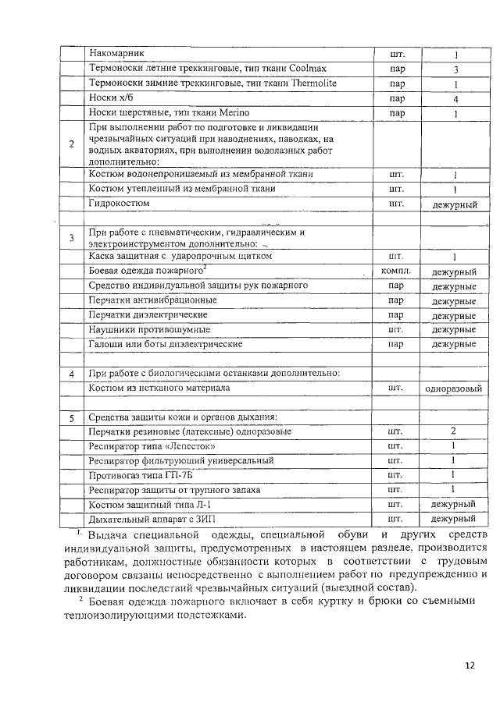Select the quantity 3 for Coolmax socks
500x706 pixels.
[x=455, y=69]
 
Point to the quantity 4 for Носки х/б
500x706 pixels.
[x=455, y=99]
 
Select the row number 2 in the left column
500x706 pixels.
[x=72, y=144]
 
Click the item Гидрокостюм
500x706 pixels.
[x=120, y=203]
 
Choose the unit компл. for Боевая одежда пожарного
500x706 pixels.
[x=395, y=271]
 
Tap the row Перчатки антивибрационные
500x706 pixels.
[x=152, y=300]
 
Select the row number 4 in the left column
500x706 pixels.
[x=72, y=374]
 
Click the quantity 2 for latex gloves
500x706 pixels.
[x=453, y=431]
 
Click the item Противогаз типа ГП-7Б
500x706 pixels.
[x=140, y=475]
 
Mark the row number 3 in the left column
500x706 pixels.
[x=72, y=237]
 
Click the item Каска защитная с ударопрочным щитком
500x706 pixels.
[x=180, y=256]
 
